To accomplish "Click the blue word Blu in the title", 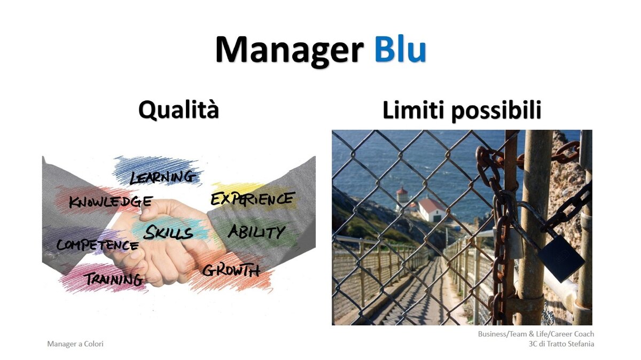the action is pyautogui.click(x=401, y=49).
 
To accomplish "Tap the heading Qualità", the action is pyautogui.click(x=178, y=109).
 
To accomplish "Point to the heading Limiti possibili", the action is pyautogui.click(x=462, y=110).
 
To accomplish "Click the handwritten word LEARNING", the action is pyautogui.click(x=162, y=177).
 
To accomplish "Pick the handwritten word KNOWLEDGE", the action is pyautogui.click(x=111, y=201).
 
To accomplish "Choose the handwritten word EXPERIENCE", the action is pyautogui.click(x=252, y=198).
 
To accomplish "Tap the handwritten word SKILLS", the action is pyautogui.click(x=168, y=232).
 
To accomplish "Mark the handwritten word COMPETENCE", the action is pyautogui.click(x=97, y=245).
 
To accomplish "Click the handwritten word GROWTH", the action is pyautogui.click(x=231, y=270).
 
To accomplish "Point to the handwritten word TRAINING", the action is pyautogui.click(x=114, y=279).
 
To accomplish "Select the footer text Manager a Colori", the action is pyautogui.click(x=75, y=343).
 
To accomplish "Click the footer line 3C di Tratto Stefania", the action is pyautogui.click(x=561, y=343).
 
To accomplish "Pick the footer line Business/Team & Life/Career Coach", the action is pyautogui.click(x=536, y=334).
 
